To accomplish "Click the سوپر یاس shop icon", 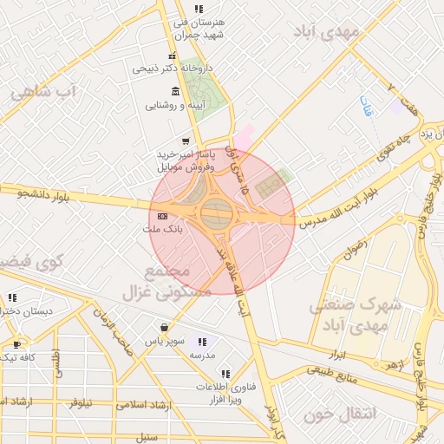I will click(x=164, y=328).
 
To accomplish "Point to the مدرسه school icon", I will click(x=203, y=342).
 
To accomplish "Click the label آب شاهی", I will click(x=43, y=92).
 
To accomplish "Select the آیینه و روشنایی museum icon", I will click(x=176, y=91).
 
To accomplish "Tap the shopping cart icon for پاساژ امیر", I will click(x=185, y=141).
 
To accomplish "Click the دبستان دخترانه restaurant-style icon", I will click(x=12, y=297).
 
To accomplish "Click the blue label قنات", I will click(x=367, y=107).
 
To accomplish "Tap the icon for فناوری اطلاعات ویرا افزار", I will click(x=226, y=374).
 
